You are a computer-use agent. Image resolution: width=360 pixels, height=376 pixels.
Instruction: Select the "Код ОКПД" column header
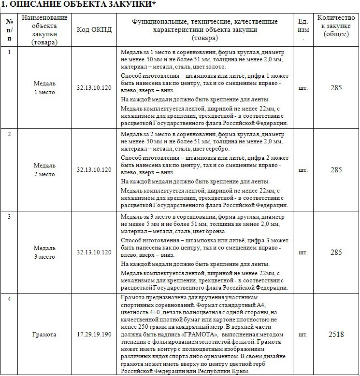94,29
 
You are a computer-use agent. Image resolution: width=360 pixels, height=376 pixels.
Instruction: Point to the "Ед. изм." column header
303,29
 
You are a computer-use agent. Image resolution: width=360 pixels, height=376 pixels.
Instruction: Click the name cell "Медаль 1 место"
44,87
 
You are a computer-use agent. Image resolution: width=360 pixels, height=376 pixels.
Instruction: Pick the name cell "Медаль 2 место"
44,169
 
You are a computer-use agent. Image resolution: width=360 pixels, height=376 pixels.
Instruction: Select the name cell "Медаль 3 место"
44,252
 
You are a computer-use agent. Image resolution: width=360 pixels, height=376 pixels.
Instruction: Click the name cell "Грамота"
44,334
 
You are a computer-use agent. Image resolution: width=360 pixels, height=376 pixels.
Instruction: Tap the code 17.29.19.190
94,334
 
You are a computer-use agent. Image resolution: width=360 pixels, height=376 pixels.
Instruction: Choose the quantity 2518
335,334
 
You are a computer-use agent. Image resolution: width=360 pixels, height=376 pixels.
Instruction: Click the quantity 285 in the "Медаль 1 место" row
335,88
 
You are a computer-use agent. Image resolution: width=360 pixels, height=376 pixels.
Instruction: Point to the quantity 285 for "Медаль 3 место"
335,252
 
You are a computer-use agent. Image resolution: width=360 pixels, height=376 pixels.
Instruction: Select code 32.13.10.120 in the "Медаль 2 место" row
94,170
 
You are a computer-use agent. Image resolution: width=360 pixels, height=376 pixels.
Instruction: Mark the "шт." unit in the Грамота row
303,334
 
